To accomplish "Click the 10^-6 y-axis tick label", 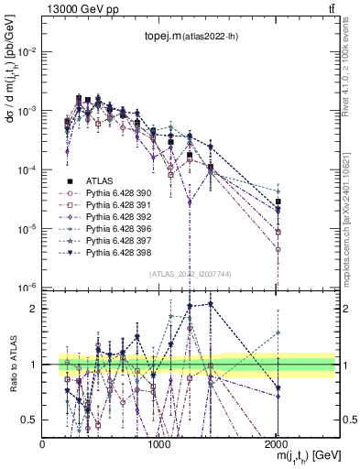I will click(x=27, y=288).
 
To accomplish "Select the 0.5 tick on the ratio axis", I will click(x=31, y=420).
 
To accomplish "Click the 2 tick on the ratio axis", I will click(x=35, y=309).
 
